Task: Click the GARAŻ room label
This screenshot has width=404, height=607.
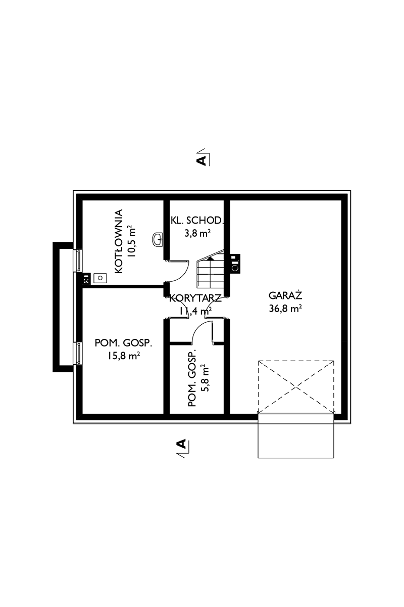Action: pyautogui.click(x=285, y=294)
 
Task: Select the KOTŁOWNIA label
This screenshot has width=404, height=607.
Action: pyautogui.click(x=119, y=241)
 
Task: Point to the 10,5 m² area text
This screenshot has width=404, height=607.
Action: pyautogui.click(x=132, y=242)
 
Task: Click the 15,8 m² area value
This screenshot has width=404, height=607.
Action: pyautogui.click(x=124, y=356)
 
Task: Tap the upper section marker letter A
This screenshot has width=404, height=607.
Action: pyautogui.click(x=201, y=161)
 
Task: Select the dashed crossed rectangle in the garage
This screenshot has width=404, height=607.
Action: pyautogui.click(x=296, y=386)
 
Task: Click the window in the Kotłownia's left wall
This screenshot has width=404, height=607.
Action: pyautogui.click(x=79, y=261)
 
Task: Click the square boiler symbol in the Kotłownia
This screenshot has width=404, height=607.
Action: pyautogui.click(x=100, y=277)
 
